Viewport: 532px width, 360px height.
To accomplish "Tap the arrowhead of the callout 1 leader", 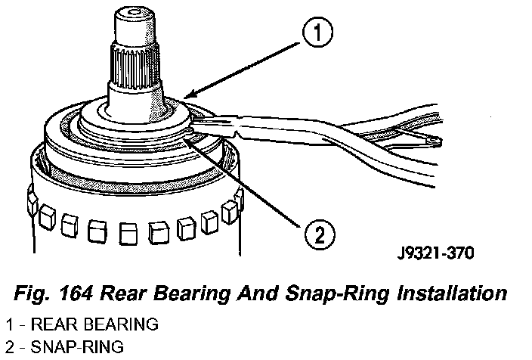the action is point(184,97).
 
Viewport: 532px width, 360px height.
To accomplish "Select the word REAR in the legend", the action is point(42,325).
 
